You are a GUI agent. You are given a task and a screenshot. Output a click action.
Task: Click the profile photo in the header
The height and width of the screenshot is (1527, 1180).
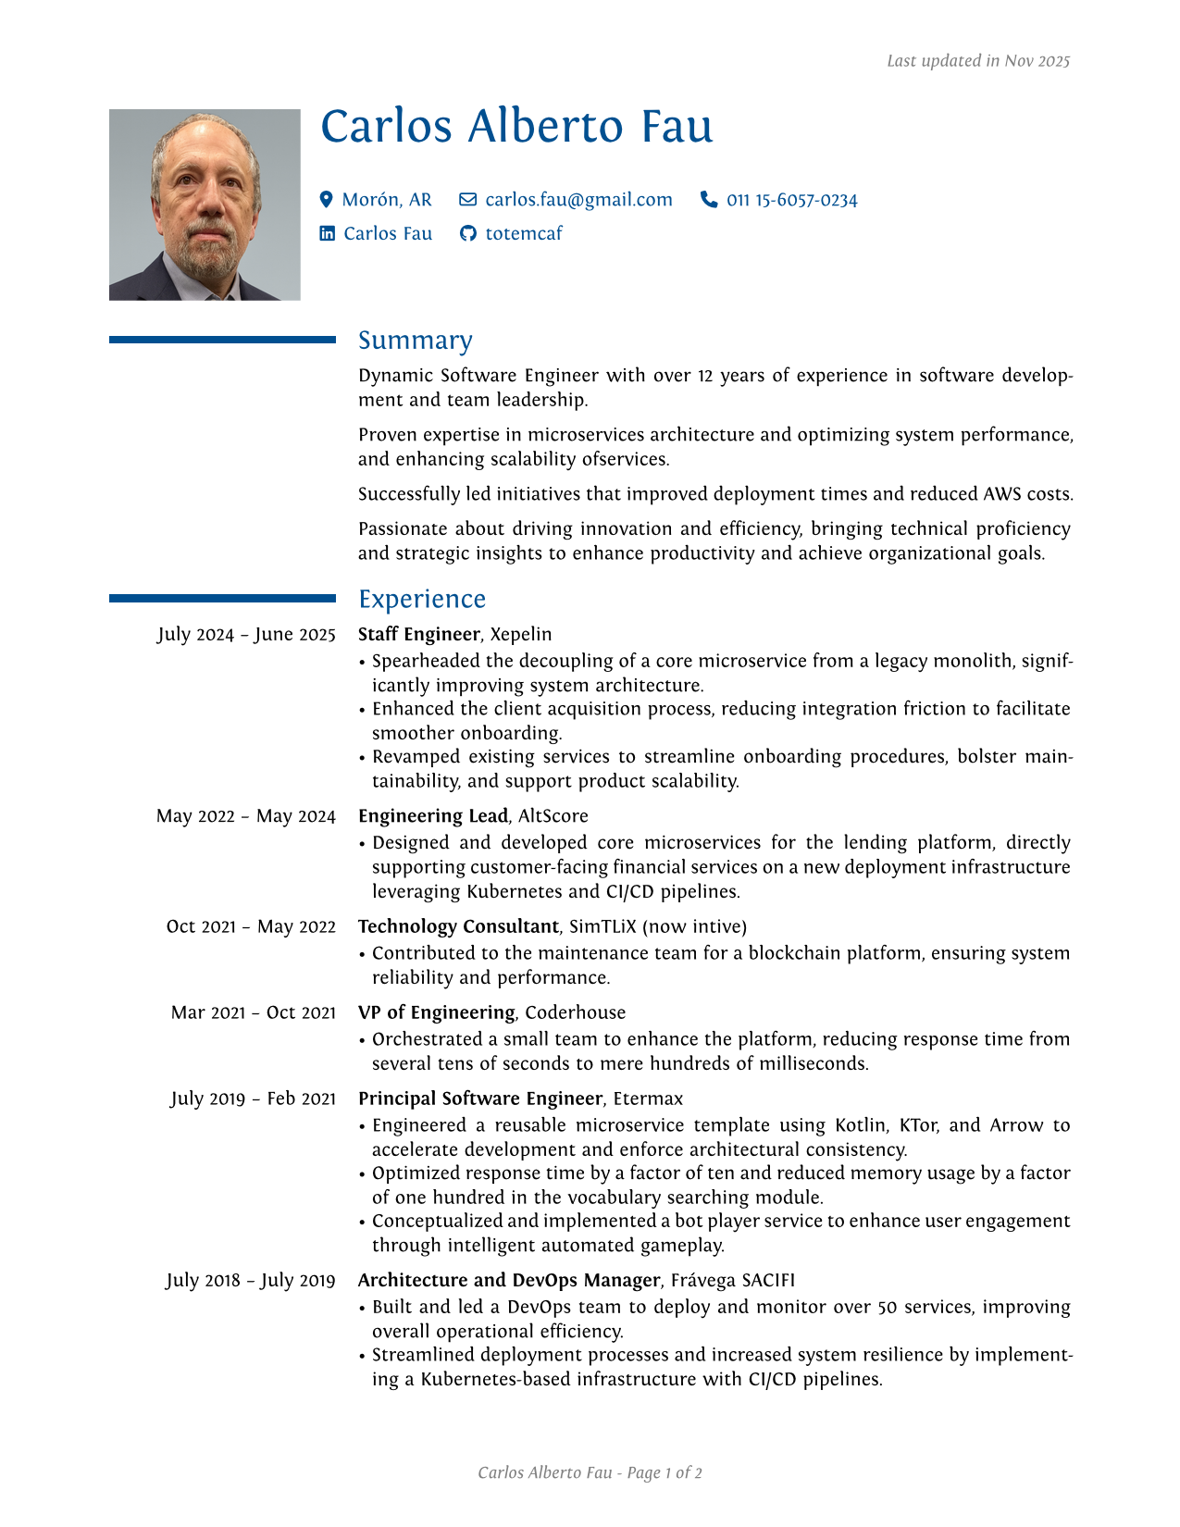pyautogui.click(x=205, y=205)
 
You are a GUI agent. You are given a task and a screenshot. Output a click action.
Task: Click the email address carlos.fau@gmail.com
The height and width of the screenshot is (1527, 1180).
pyautogui.click(x=578, y=200)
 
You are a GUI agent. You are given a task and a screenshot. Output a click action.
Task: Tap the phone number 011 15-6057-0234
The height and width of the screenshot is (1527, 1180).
pyautogui.click(x=791, y=200)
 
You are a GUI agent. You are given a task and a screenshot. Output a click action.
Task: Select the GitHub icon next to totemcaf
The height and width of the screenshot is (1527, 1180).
pyautogui.click(x=468, y=233)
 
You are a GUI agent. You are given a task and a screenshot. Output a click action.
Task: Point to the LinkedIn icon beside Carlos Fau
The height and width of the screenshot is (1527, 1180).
pyautogui.click(x=328, y=233)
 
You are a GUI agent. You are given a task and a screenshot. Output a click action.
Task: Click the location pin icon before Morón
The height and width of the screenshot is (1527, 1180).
pyautogui.click(x=326, y=199)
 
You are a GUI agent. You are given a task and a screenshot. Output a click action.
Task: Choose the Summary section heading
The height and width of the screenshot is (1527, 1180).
pyautogui.click(x=415, y=341)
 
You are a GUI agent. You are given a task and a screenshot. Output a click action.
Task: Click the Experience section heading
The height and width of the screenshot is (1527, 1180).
pyautogui.click(x=422, y=599)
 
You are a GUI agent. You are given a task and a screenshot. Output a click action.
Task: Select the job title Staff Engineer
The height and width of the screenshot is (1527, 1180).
pyautogui.click(x=418, y=634)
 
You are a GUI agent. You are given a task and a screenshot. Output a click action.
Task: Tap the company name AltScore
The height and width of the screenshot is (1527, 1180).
pyautogui.click(x=553, y=815)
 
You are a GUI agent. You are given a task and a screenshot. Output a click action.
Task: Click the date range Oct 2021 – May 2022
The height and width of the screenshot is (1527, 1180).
pyautogui.click(x=251, y=926)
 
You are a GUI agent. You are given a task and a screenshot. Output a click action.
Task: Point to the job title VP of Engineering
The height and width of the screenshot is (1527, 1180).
pyautogui.click(x=436, y=1012)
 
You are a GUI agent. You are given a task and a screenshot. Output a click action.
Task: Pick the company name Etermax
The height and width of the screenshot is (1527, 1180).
pyautogui.click(x=648, y=1099)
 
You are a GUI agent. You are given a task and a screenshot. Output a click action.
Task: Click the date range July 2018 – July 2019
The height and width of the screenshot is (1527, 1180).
pyautogui.click(x=251, y=1280)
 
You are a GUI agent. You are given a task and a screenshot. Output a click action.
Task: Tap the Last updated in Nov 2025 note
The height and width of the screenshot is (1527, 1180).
pyautogui.click(x=977, y=61)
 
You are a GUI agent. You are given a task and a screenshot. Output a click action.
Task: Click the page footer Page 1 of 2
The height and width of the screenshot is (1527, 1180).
pyautogui.click(x=664, y=1472)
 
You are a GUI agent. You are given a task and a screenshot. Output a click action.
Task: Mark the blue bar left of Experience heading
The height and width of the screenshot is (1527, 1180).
pyautogui.click(x=222, y=599)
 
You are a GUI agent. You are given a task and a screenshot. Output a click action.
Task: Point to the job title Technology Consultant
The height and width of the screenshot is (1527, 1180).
pyautogui.click(x=458, y=926)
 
